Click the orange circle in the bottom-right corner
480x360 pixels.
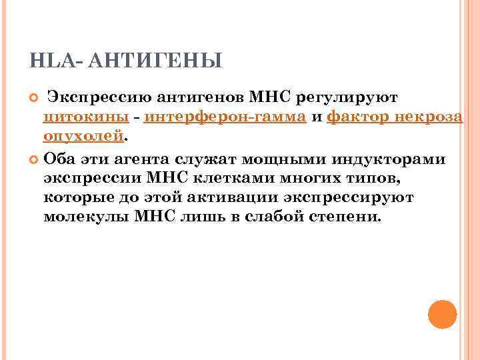point(441,315)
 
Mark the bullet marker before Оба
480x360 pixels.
point(35,159)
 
